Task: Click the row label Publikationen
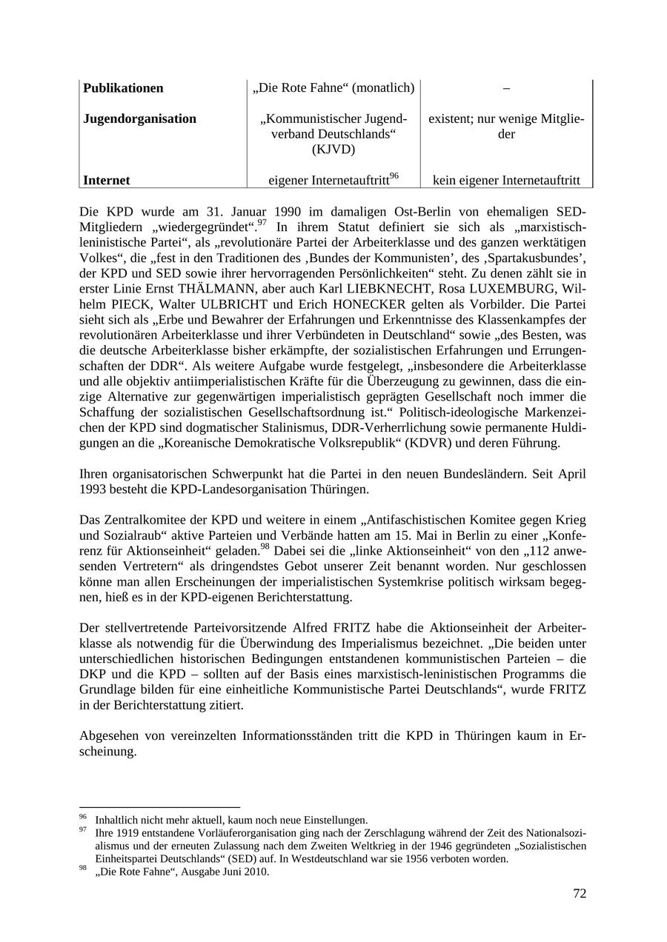click(x=123, y=88)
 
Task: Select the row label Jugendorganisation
click(x=139, y=119)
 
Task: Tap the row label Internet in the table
click(x=106, y=180)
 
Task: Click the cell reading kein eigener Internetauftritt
click(x=506, y=180)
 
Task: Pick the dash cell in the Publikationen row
click(x=506, y=88)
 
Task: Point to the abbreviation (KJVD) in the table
click(x=333, y=150)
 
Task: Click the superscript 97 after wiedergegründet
click(x=263, y=222)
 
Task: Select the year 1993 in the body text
click(x=95, y=490)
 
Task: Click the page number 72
click(x=579, y=894)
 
